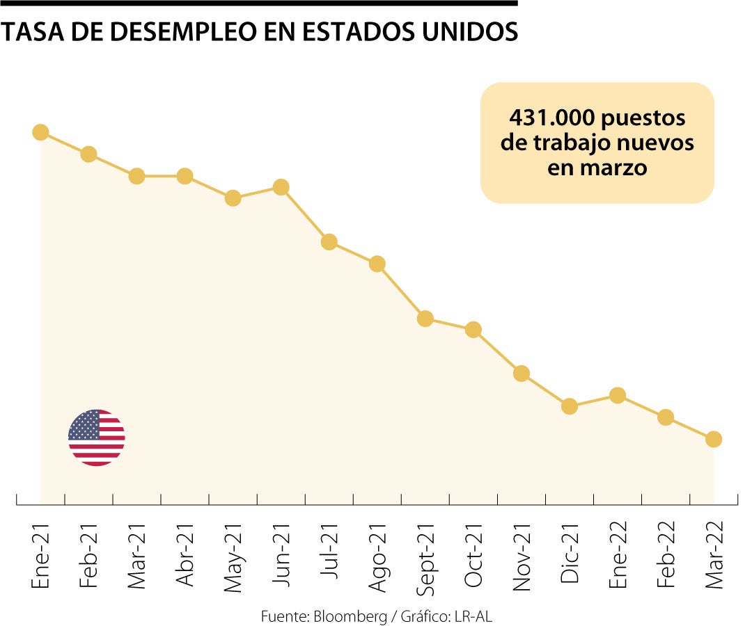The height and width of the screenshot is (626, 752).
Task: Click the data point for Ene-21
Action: (40, 132)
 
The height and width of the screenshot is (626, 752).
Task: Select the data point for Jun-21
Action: (281, 187)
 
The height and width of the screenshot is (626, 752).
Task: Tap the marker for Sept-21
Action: (425, 319)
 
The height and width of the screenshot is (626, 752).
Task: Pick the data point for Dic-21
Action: (570, 406)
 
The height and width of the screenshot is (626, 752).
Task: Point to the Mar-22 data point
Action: (714, 439)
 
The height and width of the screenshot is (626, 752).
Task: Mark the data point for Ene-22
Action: (618, 395)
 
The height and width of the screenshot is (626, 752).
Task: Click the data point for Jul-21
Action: (329, 242)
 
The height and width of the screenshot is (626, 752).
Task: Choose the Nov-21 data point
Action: (522, 374)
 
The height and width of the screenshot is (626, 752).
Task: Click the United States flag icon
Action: (96, 438)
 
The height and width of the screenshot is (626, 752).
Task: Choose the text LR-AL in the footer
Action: (473, 616)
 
